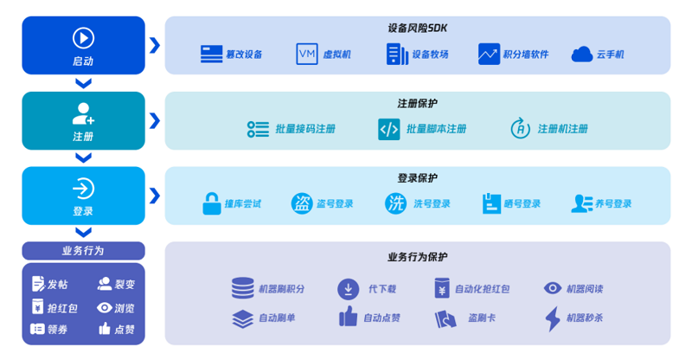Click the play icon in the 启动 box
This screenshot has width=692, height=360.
click(83, 37)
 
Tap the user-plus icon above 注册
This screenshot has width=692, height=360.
click(83, 113)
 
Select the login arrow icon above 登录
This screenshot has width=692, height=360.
click(83, 189)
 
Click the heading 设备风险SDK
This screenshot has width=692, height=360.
click(417, 28)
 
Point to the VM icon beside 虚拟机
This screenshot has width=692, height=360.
click(307, 54)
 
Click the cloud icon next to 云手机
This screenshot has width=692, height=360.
click(581, 55)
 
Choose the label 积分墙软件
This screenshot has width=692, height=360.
click(527, 55)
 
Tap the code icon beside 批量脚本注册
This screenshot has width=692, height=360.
click(389, 129)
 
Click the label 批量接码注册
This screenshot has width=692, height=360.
click(305, 129)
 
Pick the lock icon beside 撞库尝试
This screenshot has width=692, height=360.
click(211, 203)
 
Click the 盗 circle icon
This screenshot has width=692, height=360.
click(302, 203)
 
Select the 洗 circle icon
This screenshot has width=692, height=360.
click(396, 203)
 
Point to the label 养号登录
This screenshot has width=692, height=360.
click(612, 204)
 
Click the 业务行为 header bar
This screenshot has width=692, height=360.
click(83, 251)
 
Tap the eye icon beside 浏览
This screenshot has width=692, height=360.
click(105, 307)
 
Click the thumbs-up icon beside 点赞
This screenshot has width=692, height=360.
click(105, 329)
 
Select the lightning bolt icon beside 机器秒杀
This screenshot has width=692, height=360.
click(553, 318)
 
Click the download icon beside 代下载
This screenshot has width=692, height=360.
click(349, 288)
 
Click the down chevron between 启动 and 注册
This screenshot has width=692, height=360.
click(83, 84)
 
